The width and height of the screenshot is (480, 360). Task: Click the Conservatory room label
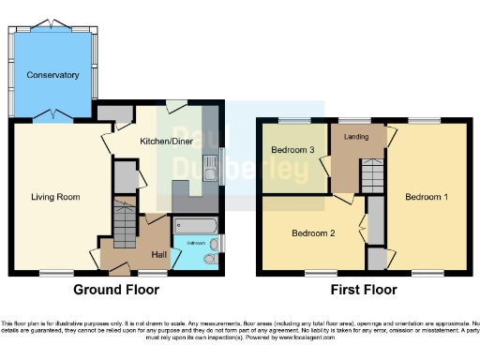tap(52, 74)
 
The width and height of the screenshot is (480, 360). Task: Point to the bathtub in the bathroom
tap(195, 227)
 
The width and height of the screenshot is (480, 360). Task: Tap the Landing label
tap(356, 137)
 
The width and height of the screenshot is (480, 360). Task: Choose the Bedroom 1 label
tap(426, 197)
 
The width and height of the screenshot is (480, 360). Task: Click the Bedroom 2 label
tap(310, 232)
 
